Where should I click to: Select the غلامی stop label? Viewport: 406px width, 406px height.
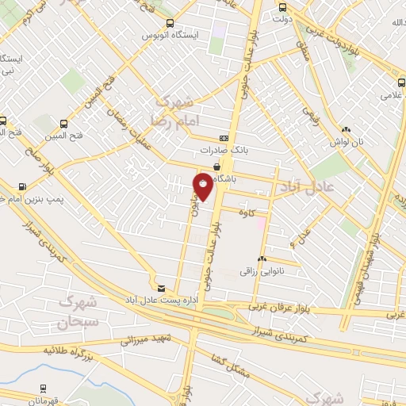pos(392,95)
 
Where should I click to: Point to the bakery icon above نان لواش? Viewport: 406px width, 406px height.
pos(346,130)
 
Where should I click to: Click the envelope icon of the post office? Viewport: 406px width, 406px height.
pos(161,288)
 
